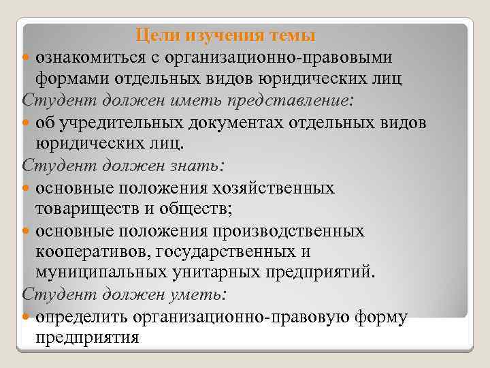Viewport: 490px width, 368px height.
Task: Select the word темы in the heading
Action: tap(293, 34)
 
